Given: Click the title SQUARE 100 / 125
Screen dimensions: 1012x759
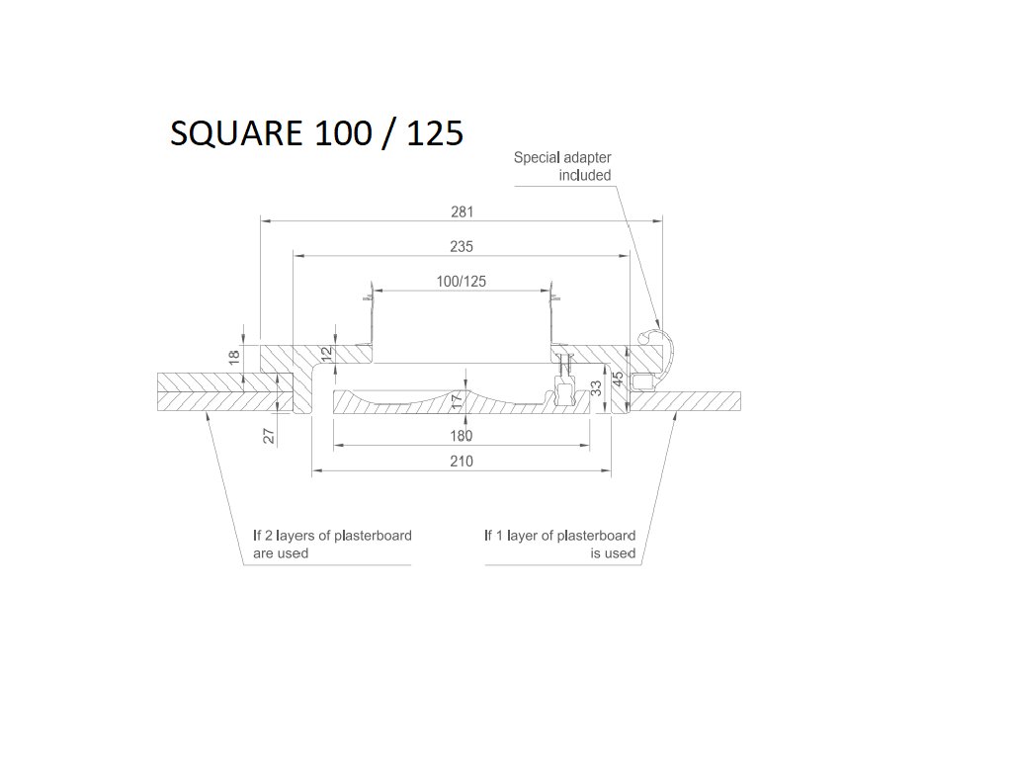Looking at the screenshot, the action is (x=316, y=132).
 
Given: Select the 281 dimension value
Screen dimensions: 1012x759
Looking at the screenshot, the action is (x=462, y=211).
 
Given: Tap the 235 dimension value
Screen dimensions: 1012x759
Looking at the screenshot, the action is (x=462, y=246).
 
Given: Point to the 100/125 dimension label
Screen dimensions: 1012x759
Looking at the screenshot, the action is (x=462, y=282).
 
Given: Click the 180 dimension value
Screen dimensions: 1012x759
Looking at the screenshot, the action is (x=462, y=436).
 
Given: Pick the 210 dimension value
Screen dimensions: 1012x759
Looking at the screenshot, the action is (x=462, y=462).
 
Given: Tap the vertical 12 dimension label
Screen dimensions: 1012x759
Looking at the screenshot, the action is (x=326, y=353).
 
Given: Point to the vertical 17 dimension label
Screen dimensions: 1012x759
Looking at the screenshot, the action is (x=456, y=400).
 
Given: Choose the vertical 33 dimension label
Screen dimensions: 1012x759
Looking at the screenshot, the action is (x=596, y=387).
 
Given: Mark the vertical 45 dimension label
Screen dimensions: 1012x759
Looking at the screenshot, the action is (x=618, y=379).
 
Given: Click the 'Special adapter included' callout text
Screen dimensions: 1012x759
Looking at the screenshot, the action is (x=562, y=166).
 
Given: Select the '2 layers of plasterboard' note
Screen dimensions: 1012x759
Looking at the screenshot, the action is (x=332, y=545).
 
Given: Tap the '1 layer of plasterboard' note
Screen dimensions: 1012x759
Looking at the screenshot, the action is (x=560, y=545).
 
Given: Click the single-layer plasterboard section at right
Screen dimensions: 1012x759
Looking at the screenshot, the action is (x=692, y=401).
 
